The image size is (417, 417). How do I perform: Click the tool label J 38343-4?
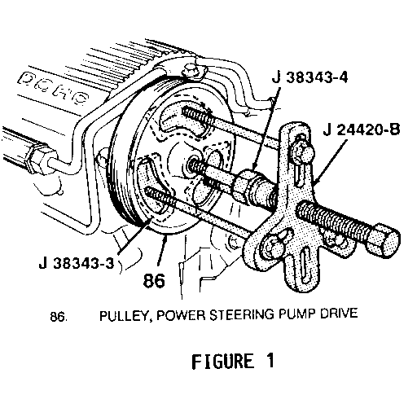pos(309,77)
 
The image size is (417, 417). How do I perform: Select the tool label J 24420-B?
pos(361,129)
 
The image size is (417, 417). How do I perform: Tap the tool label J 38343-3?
pos(77,263)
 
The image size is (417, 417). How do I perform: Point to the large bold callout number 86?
pos(154,280)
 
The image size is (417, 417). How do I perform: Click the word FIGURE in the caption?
pos(223,362)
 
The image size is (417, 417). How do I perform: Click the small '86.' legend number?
pos(58,317)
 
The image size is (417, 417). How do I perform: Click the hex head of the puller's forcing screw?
pos(384,240)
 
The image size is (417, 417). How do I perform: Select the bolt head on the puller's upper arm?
pos(303,152)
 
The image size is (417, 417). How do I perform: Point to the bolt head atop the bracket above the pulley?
pos(191,71)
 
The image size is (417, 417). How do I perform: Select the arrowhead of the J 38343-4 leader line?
pos(255,165)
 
